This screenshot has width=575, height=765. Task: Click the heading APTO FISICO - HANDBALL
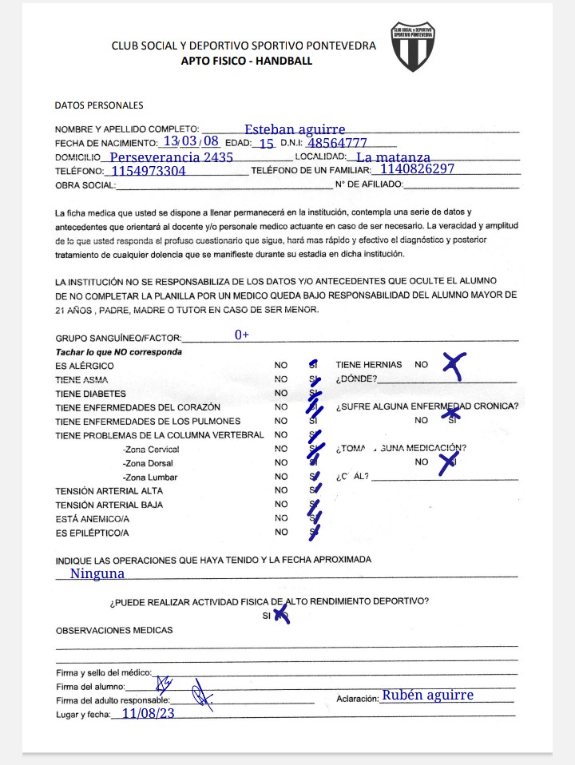pyautogui.click(x=247, y=61)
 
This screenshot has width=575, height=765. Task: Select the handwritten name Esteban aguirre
pyautogui.click(x=295, y=129)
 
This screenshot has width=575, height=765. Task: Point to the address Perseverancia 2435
pyautogui.click(x=171, y=157)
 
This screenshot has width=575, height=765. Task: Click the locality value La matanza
pyautogui.click(x=393, y=157)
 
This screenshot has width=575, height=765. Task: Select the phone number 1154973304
pyautogui.click(x=149, y=171)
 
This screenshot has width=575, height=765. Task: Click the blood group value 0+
pyautogui.click(x=242, y=335)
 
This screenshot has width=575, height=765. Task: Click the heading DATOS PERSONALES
pyautogui.click(x=99, y=105)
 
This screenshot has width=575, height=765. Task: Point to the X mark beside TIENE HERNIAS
pyautogui.click(x=454, y=364)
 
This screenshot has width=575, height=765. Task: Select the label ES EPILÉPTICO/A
pyautogui.click(x=92, y=533)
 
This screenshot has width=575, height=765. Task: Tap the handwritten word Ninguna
pyautogui.click(x=97, y=573)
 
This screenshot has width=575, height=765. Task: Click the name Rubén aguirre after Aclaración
pyautogui.click(x=427, y=695)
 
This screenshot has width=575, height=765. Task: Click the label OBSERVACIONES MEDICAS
pyautogui.click(x=114, y=630)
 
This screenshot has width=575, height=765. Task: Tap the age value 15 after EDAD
pyautogui.click(x=267, y=144)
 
